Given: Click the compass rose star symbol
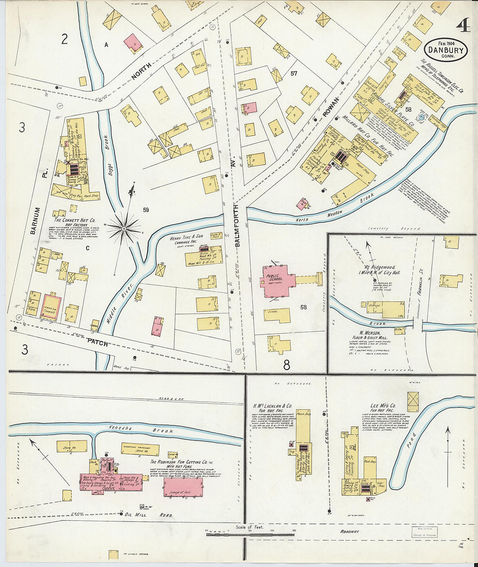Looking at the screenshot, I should point(124,227).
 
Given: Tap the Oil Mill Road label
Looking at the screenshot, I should point(149,515).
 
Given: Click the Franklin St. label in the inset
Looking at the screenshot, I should point(420,287).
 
